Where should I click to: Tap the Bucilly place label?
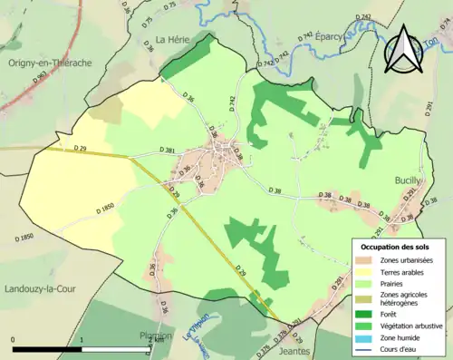(408, 180)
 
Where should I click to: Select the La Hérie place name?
(171, 39)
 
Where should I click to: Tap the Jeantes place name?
(295, 350)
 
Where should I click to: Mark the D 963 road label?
(41, 79)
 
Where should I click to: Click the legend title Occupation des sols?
(396, 247)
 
